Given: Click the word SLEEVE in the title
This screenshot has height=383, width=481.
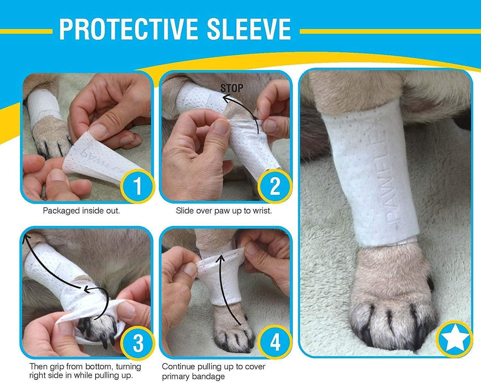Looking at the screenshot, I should click(249, 29).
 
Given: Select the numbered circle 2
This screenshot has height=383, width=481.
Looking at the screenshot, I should click(275, 186).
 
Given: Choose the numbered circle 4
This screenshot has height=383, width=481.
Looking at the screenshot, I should click(275, 342).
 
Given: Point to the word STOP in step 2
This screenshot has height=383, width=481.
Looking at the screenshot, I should click(232, 88).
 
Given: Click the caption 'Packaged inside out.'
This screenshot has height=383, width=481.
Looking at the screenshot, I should click(81, 211).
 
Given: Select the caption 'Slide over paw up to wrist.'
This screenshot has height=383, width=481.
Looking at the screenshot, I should click(224, 211).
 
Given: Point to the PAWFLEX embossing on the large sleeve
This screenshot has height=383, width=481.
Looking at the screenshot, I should click(389, 177).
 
